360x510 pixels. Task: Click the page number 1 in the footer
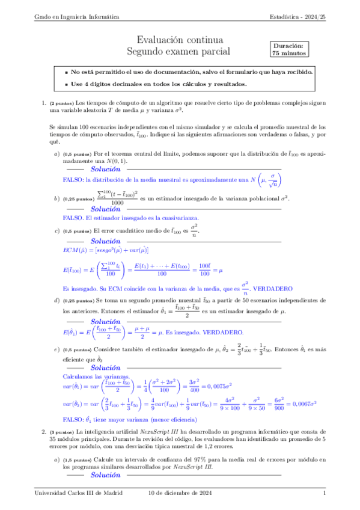[x=325, y=493]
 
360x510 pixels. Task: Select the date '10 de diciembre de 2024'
[x=180, y=493]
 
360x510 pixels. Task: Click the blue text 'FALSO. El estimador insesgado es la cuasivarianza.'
[x=130, y=218]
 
